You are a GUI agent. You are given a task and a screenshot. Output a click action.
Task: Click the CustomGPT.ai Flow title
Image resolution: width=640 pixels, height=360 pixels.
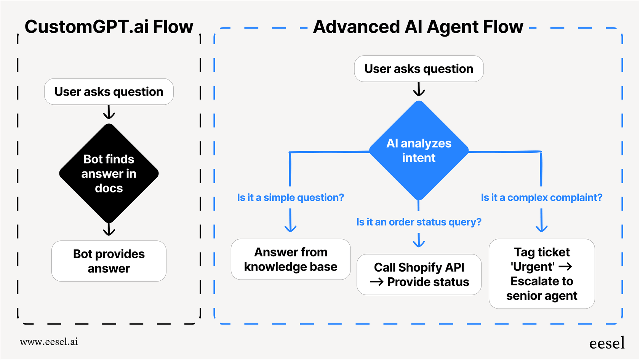109,27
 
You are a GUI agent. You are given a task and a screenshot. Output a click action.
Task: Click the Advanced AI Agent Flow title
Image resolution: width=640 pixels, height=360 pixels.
418,27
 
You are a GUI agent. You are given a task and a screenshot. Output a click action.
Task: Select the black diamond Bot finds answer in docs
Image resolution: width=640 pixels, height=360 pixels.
109,173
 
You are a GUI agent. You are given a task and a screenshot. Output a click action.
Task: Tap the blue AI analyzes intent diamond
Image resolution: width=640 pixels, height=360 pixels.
419,150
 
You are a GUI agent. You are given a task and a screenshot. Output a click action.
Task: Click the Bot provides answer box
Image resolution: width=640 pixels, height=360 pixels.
109,261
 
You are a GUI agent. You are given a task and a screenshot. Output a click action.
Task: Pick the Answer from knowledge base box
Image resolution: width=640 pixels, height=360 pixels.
291,259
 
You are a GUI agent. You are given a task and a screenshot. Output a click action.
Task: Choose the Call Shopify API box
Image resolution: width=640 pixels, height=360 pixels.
419,275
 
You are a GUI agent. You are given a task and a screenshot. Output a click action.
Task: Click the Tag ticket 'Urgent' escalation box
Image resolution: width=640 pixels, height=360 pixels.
542,274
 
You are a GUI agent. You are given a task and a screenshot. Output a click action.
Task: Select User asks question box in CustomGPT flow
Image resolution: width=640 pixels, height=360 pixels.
109,92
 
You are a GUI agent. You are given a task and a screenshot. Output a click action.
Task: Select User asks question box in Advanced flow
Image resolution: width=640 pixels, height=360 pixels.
419,69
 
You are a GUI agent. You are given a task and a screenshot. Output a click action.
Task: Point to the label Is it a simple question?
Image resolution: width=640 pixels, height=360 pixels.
290,197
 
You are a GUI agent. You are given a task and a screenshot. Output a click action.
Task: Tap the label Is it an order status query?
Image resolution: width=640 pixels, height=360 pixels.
419,222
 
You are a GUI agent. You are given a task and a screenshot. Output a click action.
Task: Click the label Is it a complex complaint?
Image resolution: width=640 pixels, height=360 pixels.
541,197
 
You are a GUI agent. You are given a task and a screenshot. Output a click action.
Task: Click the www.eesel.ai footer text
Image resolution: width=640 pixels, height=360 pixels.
49,342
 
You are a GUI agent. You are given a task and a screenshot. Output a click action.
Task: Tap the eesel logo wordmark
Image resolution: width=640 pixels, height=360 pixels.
607,343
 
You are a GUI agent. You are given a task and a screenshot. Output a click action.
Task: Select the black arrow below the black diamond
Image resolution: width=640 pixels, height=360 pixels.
109,229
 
